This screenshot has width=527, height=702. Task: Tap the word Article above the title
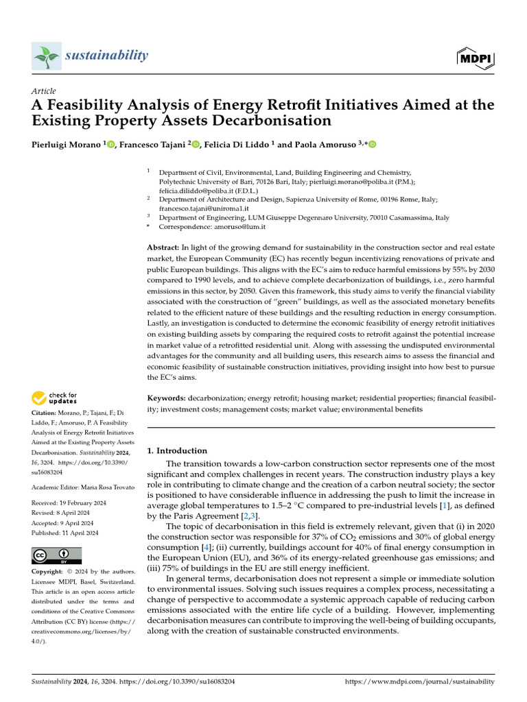click(44, 91)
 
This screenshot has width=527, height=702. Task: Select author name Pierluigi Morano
click(67, 144)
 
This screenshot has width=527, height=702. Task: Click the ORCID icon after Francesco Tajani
click(196, 144)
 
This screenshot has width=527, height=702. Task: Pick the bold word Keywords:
click(167, 398)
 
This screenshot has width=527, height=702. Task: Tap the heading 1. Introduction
click(177, 450)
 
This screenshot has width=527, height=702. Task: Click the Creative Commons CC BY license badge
click(57, 555)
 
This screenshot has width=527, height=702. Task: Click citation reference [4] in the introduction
click(205, 548)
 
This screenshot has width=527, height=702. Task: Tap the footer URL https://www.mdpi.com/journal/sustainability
click(419, 681)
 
